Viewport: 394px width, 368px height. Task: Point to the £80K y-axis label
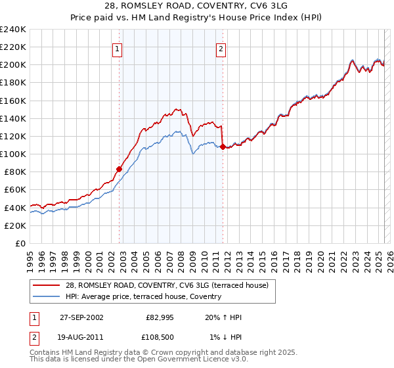tap(15, 172)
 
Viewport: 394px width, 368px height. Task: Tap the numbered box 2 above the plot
tap(221, 48)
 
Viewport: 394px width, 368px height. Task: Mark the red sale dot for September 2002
tap(120, 169)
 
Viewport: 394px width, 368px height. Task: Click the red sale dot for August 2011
tap(223, 147)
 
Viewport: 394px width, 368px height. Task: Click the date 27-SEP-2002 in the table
tap(81, 317)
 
